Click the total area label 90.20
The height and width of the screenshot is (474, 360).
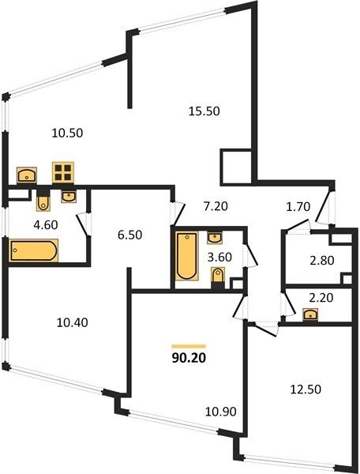coord(189,358)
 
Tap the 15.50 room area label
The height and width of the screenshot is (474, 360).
coord(204,111)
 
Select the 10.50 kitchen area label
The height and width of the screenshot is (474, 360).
coord(67,133)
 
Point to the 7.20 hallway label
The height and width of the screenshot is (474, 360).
coord(216,206)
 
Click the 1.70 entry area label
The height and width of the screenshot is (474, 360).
coord(298,207)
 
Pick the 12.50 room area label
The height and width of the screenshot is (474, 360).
coord(306,389)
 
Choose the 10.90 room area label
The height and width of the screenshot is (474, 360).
coord(221,412)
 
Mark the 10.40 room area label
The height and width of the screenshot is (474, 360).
coord(73,322)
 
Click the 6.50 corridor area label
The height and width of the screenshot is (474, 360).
coord(129,235)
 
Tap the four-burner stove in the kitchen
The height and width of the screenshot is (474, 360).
coord(63,172)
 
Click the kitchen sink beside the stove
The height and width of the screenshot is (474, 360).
coord(27,175)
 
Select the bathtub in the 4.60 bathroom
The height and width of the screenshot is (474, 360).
coord(34,250)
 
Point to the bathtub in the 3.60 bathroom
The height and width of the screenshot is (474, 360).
coord(187,256)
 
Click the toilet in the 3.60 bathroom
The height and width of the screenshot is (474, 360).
coord(218,276)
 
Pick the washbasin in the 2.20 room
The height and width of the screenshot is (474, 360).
coord(310,314)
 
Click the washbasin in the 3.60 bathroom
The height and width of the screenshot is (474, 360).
coord(215,238)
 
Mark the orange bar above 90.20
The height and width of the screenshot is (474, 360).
coord(189,347)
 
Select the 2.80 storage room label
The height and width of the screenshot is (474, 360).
coord(322,260)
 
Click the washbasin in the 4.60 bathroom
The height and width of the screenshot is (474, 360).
coord(69,197)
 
